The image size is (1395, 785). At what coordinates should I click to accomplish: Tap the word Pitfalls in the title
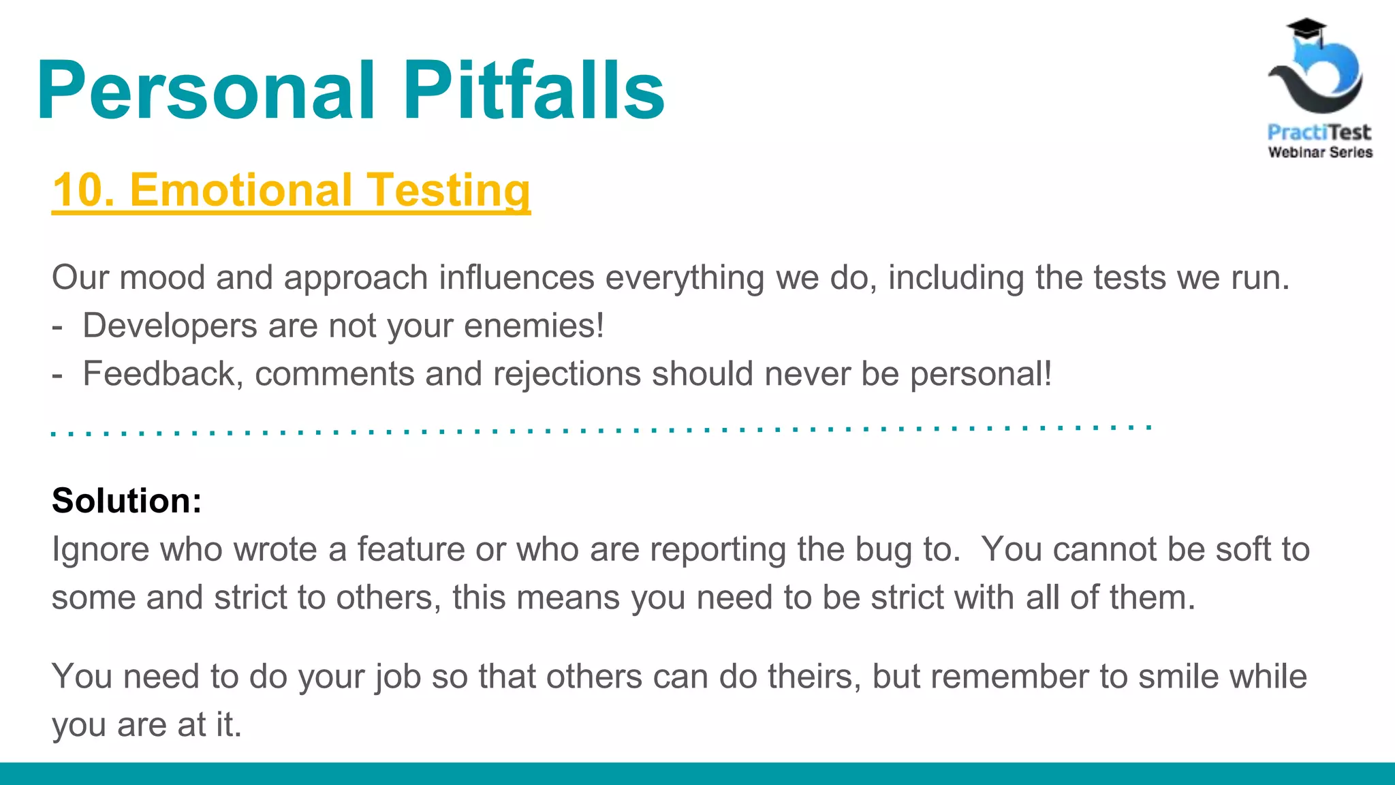click(533, 91)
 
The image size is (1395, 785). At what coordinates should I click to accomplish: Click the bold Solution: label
click(127, 501)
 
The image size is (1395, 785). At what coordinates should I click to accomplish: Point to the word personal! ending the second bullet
click(981, 374)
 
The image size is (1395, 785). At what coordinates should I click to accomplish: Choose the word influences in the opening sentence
click(516, 278)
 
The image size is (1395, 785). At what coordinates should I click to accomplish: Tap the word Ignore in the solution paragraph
click(100, 549)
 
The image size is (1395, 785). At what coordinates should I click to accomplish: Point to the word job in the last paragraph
click(397, 677)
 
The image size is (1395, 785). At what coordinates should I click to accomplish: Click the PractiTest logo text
click(1319, 132)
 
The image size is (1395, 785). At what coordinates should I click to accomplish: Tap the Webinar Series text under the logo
click(1320, 153)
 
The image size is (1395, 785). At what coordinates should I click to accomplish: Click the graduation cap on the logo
click(1306, 29)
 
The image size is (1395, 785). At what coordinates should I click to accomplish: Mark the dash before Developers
click(57, 326)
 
